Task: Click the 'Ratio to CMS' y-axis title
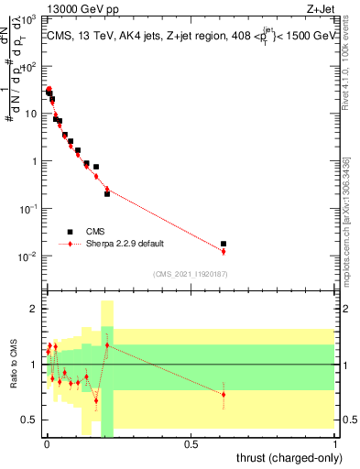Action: pyautogui.click(x=12, y=365)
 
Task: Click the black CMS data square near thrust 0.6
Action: pyautogui.click(x=224, y=244)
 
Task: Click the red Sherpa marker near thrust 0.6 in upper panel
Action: pyautogui.click(x=224, y=251)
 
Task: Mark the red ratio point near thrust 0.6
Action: pyautogui.click(x=224, y=395)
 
